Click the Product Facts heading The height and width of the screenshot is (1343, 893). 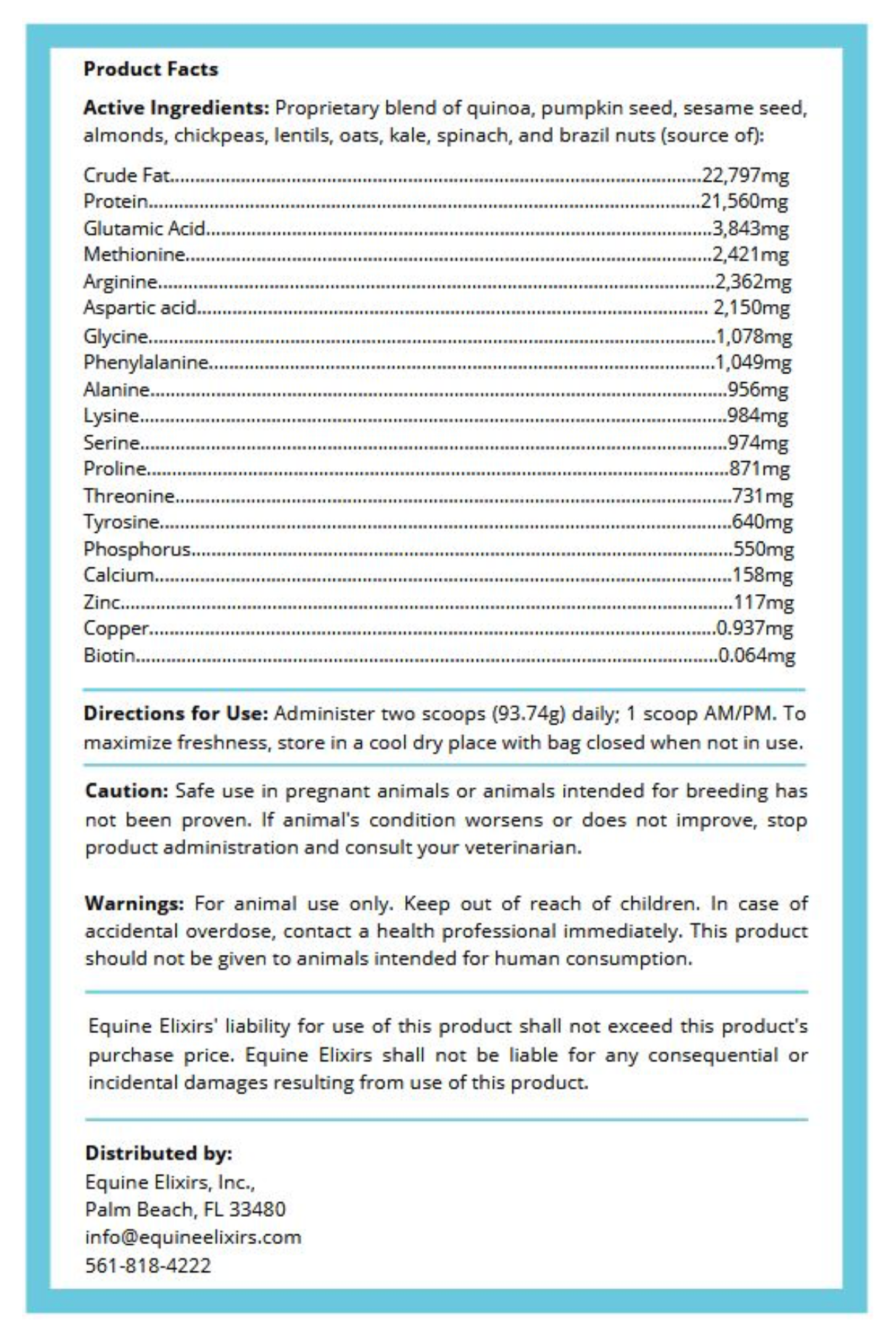click(151, 69)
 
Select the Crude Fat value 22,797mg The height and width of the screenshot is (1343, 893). click(745, 176)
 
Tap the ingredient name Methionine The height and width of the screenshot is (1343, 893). click(134, 255)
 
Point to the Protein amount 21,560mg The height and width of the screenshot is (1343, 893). click(745, 201)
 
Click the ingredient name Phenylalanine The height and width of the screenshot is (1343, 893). click(145, 362)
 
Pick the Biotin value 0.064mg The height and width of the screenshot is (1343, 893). click(756, 655)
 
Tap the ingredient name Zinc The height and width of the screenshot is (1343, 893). click(102, 602)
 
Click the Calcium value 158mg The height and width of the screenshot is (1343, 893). click(762, 575)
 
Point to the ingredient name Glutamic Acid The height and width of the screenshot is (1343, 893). click(144, 229)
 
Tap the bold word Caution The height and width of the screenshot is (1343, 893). click(127, 791)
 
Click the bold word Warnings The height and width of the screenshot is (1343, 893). click(134, 904)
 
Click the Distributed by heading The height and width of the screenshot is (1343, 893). click(159, 1153)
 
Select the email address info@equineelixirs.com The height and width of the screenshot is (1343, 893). click(193, 1237)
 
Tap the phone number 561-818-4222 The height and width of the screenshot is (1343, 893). click(148, 1266)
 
